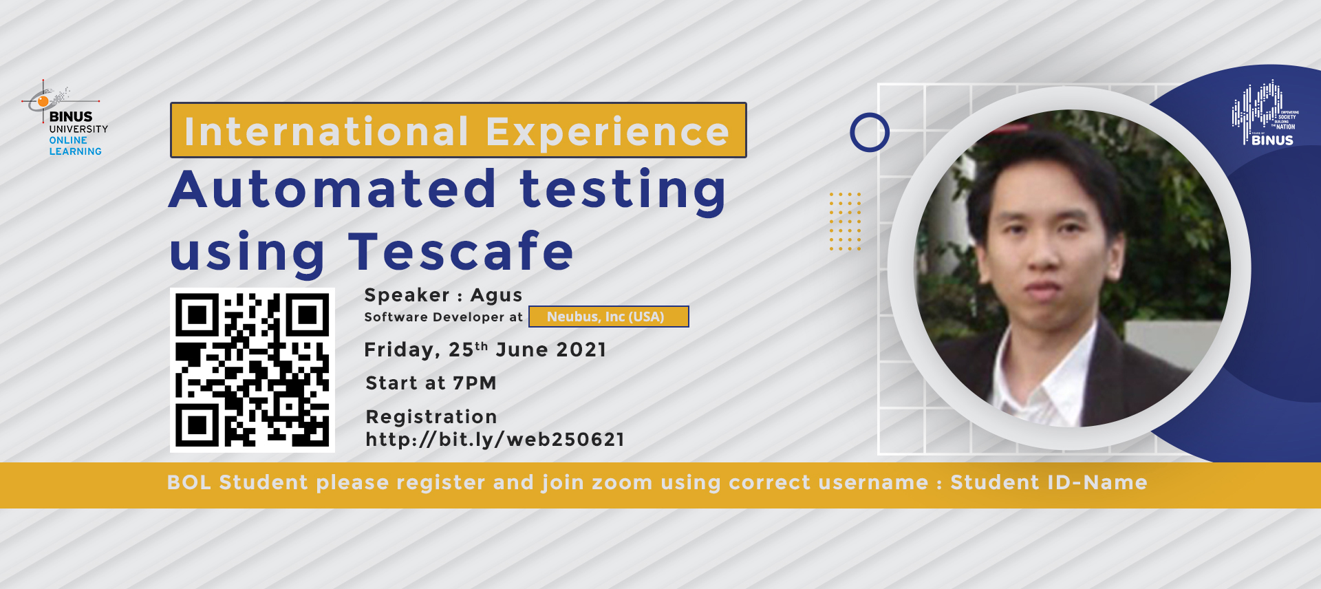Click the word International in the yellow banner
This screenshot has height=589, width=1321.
pyautogui.click(x=326, y=131)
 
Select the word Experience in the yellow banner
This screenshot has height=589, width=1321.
pyautogui.click(x=608, y=131)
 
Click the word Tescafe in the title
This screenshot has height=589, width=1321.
pyautogui.click(x=461, y=252)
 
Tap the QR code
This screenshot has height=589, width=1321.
pyautogui.click(x=253, y=370)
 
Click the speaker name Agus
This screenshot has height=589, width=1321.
pyautogui.click(x=496, y=295)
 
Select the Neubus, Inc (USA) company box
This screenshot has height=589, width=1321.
pyautogui.click(x=608, y=317)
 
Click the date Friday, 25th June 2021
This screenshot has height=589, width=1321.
pyautogui.click(x=485, y=350)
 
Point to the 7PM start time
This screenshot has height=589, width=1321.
pyautogui.click(x=474, y=383)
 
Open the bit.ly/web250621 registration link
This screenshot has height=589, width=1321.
pyautogui.click(x=495, y=439)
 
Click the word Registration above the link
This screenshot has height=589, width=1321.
pyautogui.click(x=431, y=417)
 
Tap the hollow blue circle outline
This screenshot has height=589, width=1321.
pyautogui.click(x=870, y=132)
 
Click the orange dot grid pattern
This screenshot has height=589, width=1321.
pyautogui.click(x=845, y=221)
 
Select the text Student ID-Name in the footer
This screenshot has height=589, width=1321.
pyautogui.click(x=1049, y=482)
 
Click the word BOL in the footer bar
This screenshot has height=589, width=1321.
pyautogui.click(x=189, y=482)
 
